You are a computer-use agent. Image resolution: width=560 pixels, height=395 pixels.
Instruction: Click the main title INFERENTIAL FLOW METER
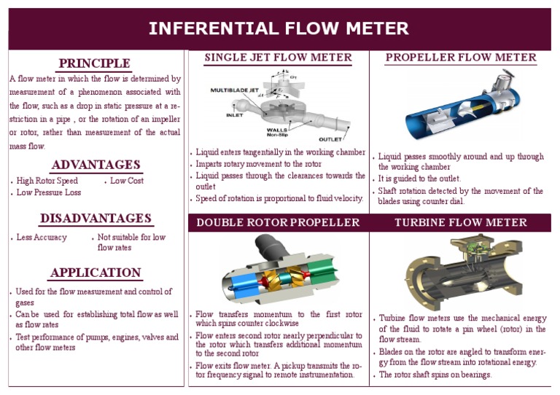279,28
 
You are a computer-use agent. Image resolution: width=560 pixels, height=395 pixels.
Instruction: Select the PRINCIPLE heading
95,63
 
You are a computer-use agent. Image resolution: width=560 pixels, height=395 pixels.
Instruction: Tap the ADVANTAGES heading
96,165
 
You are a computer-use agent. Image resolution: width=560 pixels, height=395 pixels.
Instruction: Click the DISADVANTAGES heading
96,219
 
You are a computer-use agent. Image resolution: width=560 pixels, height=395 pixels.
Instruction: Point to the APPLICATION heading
96,273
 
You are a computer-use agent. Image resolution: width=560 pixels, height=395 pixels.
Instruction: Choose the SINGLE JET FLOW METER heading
278,58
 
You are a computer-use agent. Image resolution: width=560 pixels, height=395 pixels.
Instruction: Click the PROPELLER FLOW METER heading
461,58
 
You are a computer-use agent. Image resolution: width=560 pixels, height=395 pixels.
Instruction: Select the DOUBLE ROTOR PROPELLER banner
278,222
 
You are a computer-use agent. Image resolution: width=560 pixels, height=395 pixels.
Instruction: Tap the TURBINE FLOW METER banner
461,222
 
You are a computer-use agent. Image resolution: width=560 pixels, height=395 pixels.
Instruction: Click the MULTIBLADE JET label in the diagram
234,90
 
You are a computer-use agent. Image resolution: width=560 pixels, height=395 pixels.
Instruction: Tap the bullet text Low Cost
127,181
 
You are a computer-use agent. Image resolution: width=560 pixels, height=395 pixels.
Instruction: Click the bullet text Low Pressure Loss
49,193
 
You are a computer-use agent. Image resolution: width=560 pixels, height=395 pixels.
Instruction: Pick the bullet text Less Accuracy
42,238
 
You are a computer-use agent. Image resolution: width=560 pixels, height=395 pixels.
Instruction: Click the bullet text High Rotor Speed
47,181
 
